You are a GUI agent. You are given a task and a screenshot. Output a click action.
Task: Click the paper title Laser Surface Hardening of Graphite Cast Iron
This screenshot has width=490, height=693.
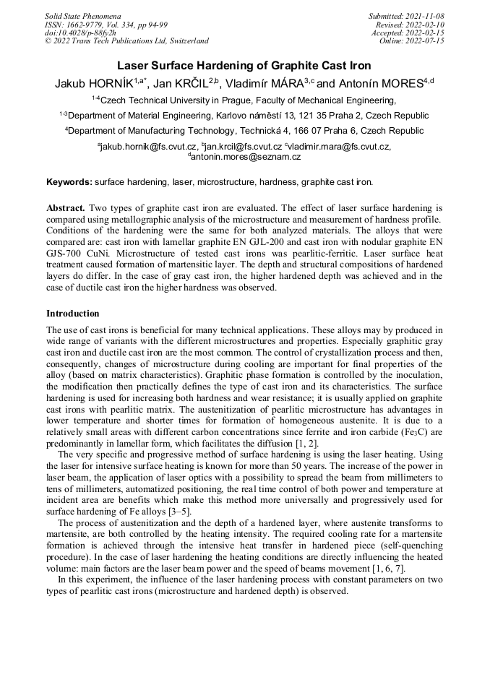[x=244, y=66]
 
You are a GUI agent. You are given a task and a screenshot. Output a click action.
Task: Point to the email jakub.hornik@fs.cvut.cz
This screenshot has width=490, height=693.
[x=142, y=147]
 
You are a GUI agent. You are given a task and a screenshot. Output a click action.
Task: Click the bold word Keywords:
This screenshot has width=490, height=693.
[x=69, y=182]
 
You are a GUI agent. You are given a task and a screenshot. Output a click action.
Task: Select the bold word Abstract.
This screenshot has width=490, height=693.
[x=66, y=207]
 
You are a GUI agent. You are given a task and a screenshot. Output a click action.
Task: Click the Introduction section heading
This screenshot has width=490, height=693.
[x=73, y=314]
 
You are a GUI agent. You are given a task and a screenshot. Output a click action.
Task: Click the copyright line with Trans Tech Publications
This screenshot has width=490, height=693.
[x=126, y=41]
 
